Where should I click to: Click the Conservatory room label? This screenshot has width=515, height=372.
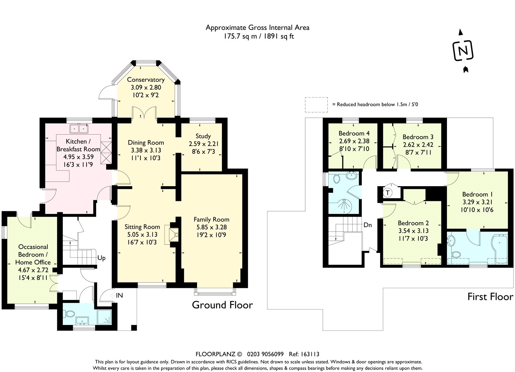tap(146, 80)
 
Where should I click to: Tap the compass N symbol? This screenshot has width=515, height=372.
tap(463, 51)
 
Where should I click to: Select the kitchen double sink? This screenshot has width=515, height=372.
tap(79, 129)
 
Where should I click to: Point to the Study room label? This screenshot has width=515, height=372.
tap(203, 136)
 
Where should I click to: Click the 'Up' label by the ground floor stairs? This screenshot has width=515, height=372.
tap(101, 258)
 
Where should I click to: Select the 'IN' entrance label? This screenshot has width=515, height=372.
tap(119, 295)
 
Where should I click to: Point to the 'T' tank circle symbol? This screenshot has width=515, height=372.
tap(388, 193)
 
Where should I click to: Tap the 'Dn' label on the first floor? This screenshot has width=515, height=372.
tap(368, 225)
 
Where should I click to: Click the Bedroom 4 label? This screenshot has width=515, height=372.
tap(354, 133)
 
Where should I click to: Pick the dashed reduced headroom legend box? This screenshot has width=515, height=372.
tap(316, 105)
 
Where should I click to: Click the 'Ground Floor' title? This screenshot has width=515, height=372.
tap(222, 305)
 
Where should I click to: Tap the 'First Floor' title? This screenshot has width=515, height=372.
tap(490, 297)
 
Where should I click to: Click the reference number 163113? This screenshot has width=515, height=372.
tap(308, 354)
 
